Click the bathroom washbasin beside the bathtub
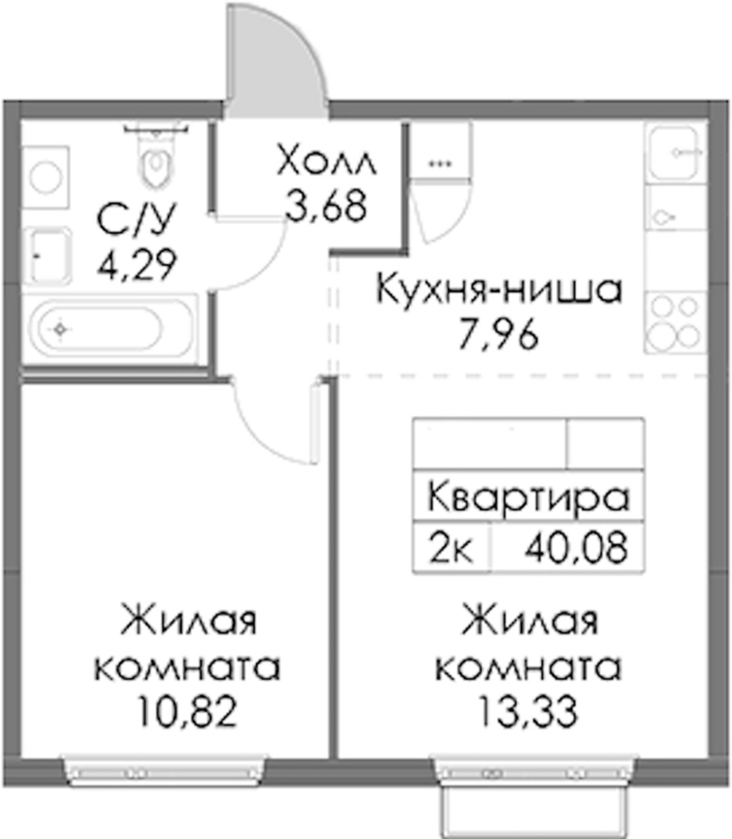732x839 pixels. click(47, 256)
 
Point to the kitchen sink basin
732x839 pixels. click(674, 153)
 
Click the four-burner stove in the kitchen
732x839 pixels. click(675, 322)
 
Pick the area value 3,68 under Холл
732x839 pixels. click(326, 207)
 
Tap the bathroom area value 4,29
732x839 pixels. click(137, 265)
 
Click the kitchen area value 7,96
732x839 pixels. click(499, 335)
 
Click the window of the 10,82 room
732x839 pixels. click(165, 771)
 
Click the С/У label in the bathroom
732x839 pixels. click(136, 220)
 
